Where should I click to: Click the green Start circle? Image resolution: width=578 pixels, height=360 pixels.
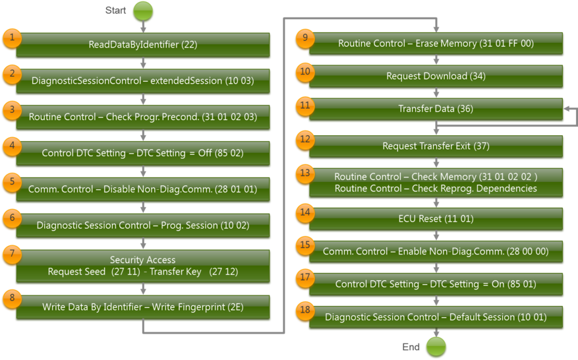pos(143,11)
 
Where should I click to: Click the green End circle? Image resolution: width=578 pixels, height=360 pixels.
pos(436,346)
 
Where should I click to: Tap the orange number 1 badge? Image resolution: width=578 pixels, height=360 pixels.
pos(11,38)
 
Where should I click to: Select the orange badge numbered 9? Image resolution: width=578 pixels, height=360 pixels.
pos(304,38)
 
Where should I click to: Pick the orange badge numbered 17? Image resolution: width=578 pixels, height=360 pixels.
pos(304,278)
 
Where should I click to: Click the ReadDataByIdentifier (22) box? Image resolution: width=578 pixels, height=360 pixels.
pos(143,45)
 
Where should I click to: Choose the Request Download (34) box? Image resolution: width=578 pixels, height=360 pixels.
pos(436,76)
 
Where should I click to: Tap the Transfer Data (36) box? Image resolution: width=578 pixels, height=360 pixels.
pos(436,109)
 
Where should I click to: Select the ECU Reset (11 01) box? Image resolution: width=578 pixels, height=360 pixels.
pos(436,218)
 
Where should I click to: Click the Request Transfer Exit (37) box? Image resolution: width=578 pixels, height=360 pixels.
pos(436,146)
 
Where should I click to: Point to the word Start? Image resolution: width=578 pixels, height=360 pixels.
pos(116,10)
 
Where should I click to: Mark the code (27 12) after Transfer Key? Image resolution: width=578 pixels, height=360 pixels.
pos(223,272)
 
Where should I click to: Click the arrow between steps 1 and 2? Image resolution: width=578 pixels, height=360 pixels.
pos(143,63)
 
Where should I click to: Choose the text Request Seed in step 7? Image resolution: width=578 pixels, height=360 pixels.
pos(77,272)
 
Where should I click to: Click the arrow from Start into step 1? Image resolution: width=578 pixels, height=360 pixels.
pos(143,27)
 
